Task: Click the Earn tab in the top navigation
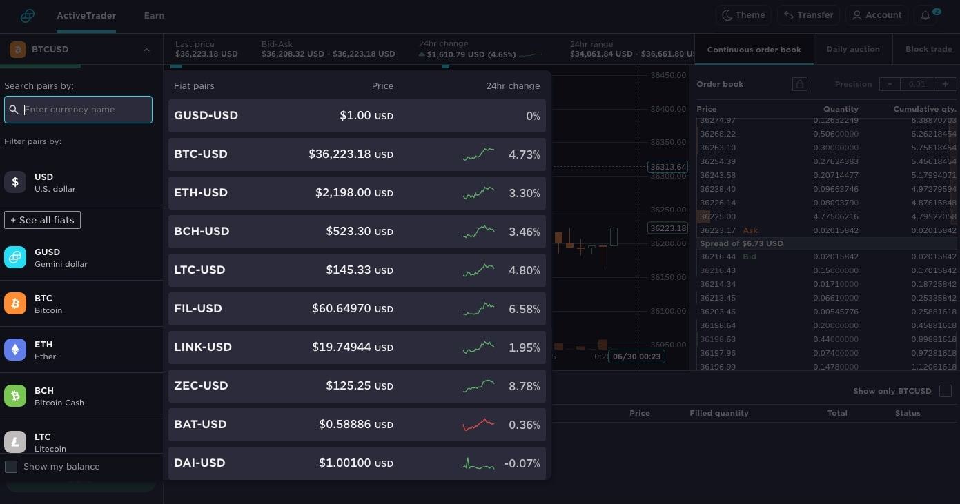[x=154, y=15]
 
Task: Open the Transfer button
[x=808, y=15]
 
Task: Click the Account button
[x=876, y=15]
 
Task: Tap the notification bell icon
[x=925, y=15]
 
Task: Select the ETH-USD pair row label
[x=201, y=193]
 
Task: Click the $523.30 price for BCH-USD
[x=349, y=232]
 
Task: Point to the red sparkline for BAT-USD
[x=478, y=424]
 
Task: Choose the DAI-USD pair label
[x=199, y=463]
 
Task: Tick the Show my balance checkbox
[x=11, y=467]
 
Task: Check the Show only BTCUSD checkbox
[x=946, y=391]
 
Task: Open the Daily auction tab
[x=853, y=50]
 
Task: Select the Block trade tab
[x=928, y=50]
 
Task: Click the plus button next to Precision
[x=945, y=84]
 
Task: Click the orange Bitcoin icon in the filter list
[x=15, y=304]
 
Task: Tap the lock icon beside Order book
[x=800, y=84]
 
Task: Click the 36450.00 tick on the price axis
[x=668, y=75]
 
